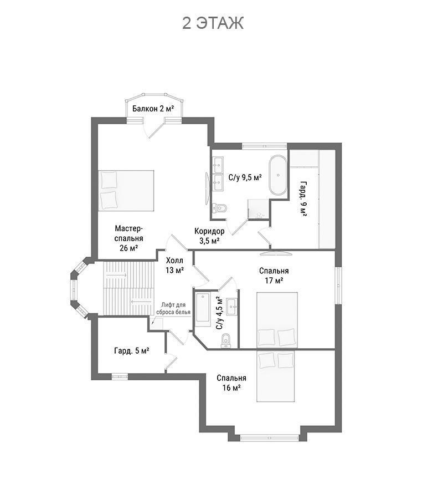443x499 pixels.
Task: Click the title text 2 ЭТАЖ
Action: tap(213, 23)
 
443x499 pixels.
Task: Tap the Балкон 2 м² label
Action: tap(153, 109)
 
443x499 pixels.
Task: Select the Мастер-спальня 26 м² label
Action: tap(128, 238)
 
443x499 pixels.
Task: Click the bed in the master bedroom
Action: tap(126, 190)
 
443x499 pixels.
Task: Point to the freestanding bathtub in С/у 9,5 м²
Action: tap(278, 175)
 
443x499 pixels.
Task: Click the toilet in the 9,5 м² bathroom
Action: tap(220, 208)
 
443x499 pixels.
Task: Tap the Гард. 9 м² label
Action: tap(303, 199)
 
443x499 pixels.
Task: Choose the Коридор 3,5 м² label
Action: tap(209, 236)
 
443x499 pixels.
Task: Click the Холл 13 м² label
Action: tap(174, 266)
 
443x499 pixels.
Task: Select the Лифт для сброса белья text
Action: tap(173, 308)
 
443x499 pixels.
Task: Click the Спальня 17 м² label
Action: tap(274, 276)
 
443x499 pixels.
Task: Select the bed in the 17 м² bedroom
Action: tap(277, 320)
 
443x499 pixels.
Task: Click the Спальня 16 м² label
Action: tap(231, 383)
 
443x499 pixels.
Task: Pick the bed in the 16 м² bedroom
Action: tap(276, 376)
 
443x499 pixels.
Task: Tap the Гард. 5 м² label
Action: tap(132, 351)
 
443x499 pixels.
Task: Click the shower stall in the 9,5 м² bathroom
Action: tap(259, 209)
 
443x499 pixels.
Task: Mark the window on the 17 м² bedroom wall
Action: tap(338, 286)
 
